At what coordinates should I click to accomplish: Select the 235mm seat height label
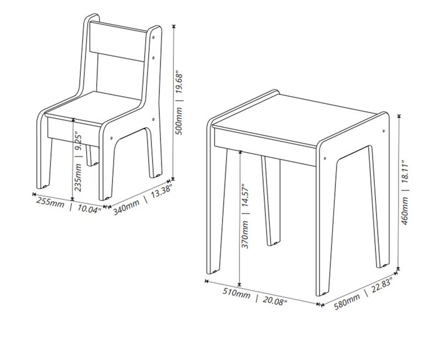click(78, 178)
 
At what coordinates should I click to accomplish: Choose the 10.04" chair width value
click(89, 209)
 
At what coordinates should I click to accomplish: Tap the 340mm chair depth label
click(126, 206)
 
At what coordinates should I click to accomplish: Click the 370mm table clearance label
click(245, 234)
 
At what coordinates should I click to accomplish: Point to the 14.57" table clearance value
click(245, 195)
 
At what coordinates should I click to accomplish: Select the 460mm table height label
click(405, 211)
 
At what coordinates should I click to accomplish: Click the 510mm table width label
click(237, 293)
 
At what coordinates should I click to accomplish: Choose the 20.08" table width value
click(275, 300)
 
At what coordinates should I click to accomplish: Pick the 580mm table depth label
click(347, 302)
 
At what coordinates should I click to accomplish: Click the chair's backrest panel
click(118, 41)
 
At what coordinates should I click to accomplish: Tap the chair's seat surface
click(92, 107)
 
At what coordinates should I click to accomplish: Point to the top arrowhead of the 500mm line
click(174, 26)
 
